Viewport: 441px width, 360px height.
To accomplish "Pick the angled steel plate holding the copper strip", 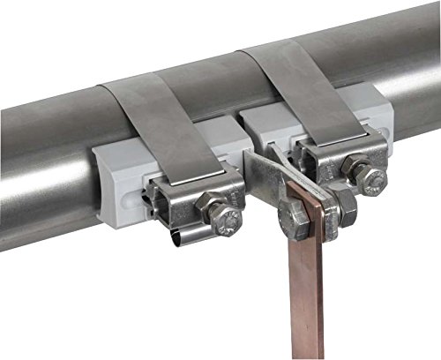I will (265, 181).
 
